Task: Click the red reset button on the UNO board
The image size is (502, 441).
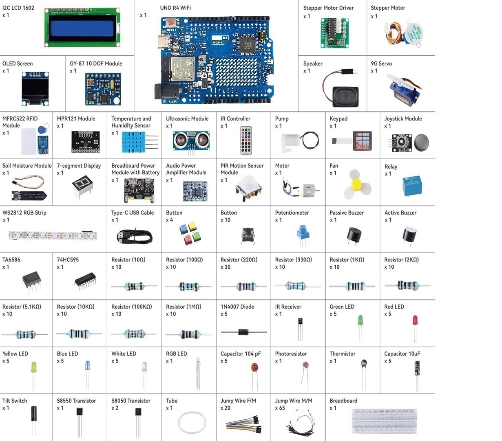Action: [170, 22]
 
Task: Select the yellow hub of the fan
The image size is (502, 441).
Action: [356, 183]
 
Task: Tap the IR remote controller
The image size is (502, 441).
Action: [246, 140]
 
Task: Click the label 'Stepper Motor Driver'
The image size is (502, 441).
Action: [328, 8]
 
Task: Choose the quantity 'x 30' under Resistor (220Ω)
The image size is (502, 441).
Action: [225, 267]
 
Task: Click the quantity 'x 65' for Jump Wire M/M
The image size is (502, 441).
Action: [280, 408]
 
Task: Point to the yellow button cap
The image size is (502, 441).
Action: [192, 226]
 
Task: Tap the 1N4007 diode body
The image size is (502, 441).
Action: [243, 332]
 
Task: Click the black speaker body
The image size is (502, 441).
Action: [345, 97]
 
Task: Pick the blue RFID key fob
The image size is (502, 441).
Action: [42, 129]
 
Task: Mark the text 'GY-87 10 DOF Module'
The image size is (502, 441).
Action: [96, 64]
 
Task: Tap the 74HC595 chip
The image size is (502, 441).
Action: [85, 281]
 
